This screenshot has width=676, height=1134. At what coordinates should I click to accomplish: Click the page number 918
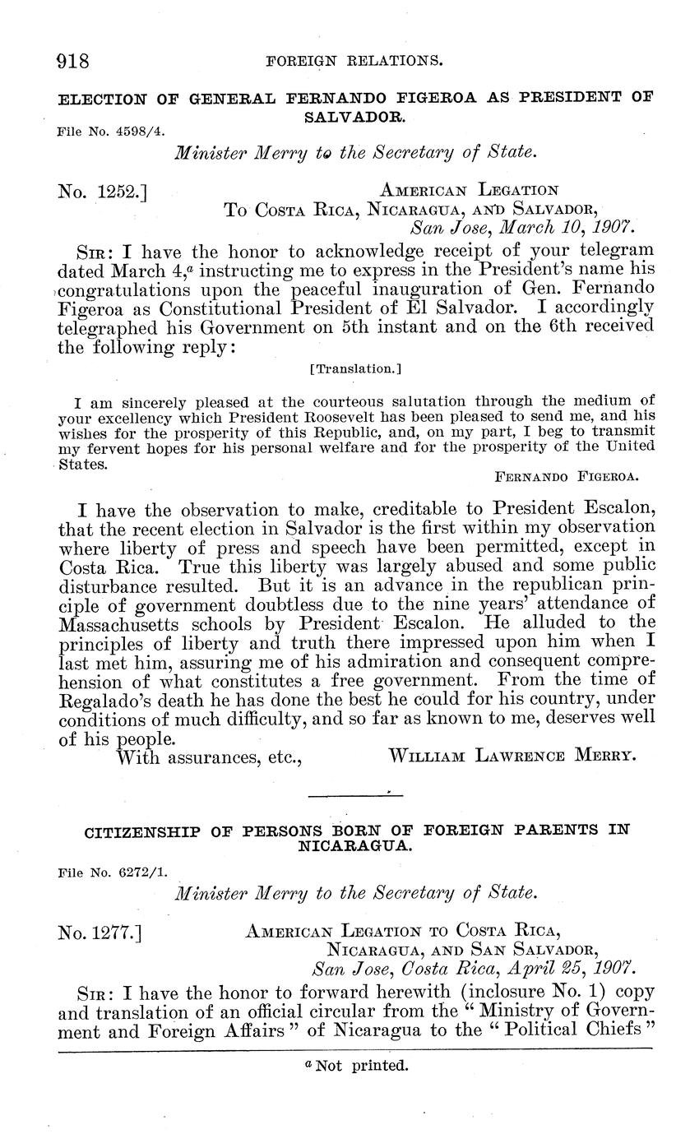pyautogui.click(x=72, y=60)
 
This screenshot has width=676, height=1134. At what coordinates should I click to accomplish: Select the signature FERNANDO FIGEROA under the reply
pyautogui.click(x=567, y=475)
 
